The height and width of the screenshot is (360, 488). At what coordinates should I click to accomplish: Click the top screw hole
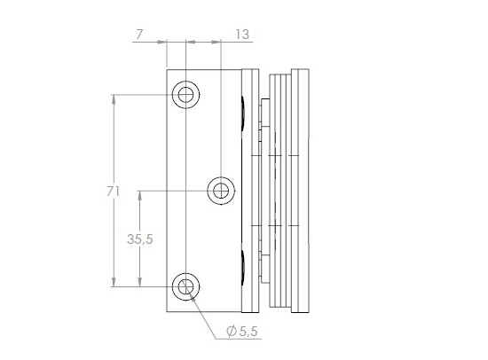click(x=185, y=94)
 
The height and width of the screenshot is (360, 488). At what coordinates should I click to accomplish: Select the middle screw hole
click(x=220, y=190)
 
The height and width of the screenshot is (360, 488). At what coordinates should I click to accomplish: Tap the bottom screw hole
click(x=185, y=286)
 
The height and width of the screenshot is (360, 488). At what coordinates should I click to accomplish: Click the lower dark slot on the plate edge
click(x=242, y=265)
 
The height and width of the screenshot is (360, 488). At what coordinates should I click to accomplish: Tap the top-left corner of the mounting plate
click(x=168, y=69)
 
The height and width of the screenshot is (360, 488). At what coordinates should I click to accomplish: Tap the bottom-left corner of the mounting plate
click(x=168, y=310)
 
